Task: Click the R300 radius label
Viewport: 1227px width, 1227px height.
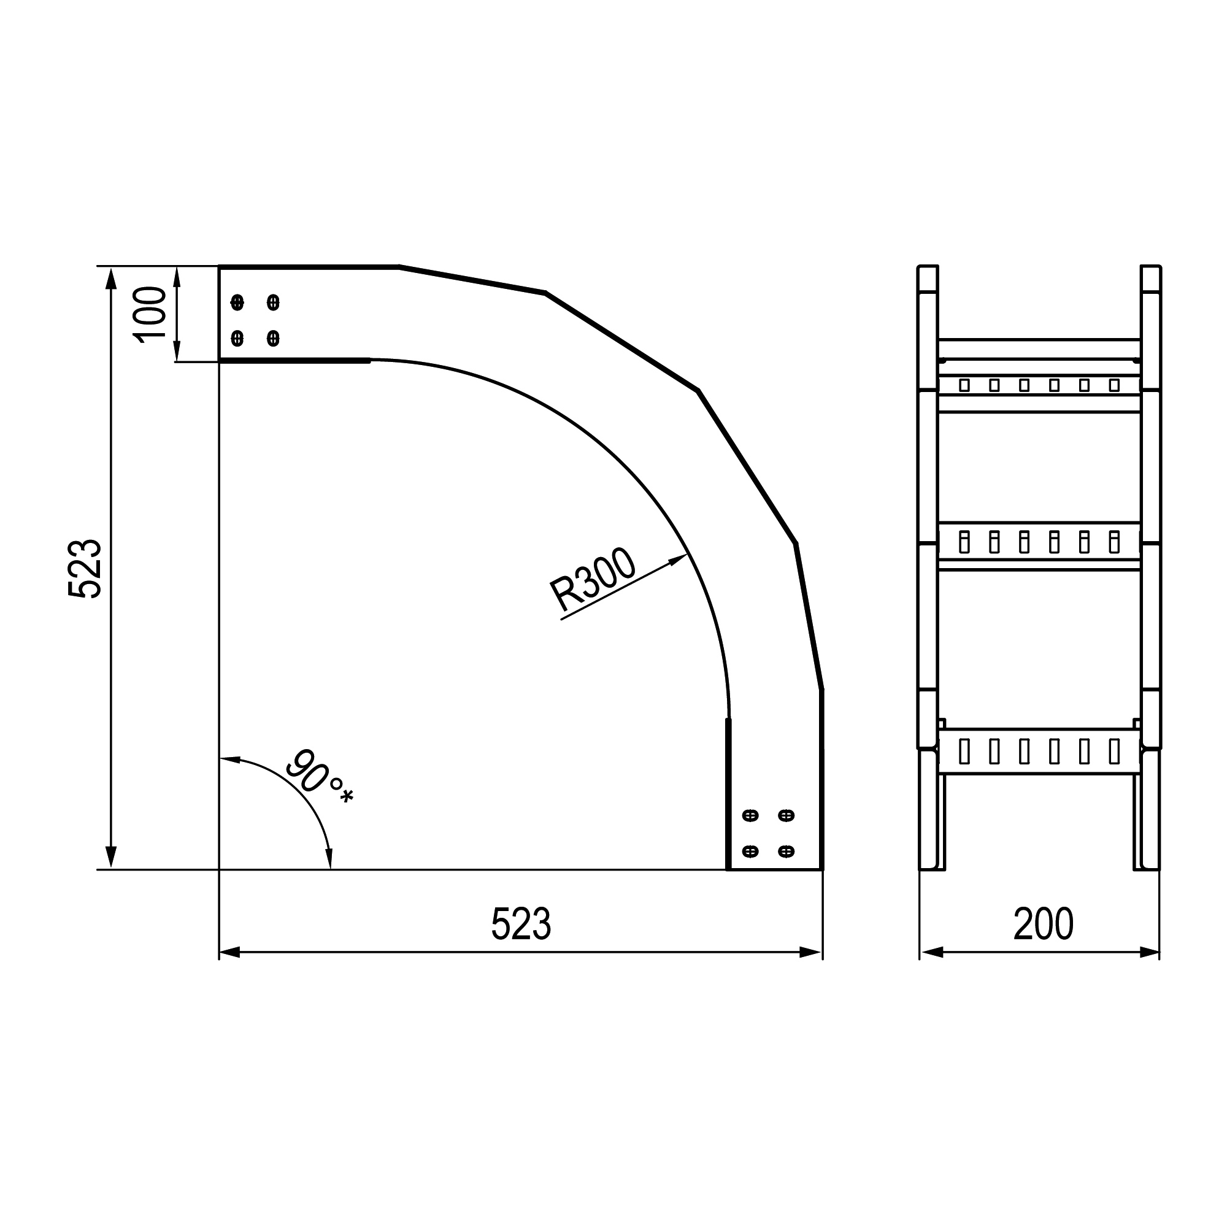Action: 592,580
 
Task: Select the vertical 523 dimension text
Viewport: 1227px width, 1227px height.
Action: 85,569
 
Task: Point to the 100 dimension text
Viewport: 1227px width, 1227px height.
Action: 150,314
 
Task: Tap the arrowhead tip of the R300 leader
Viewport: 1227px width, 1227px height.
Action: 688,555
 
